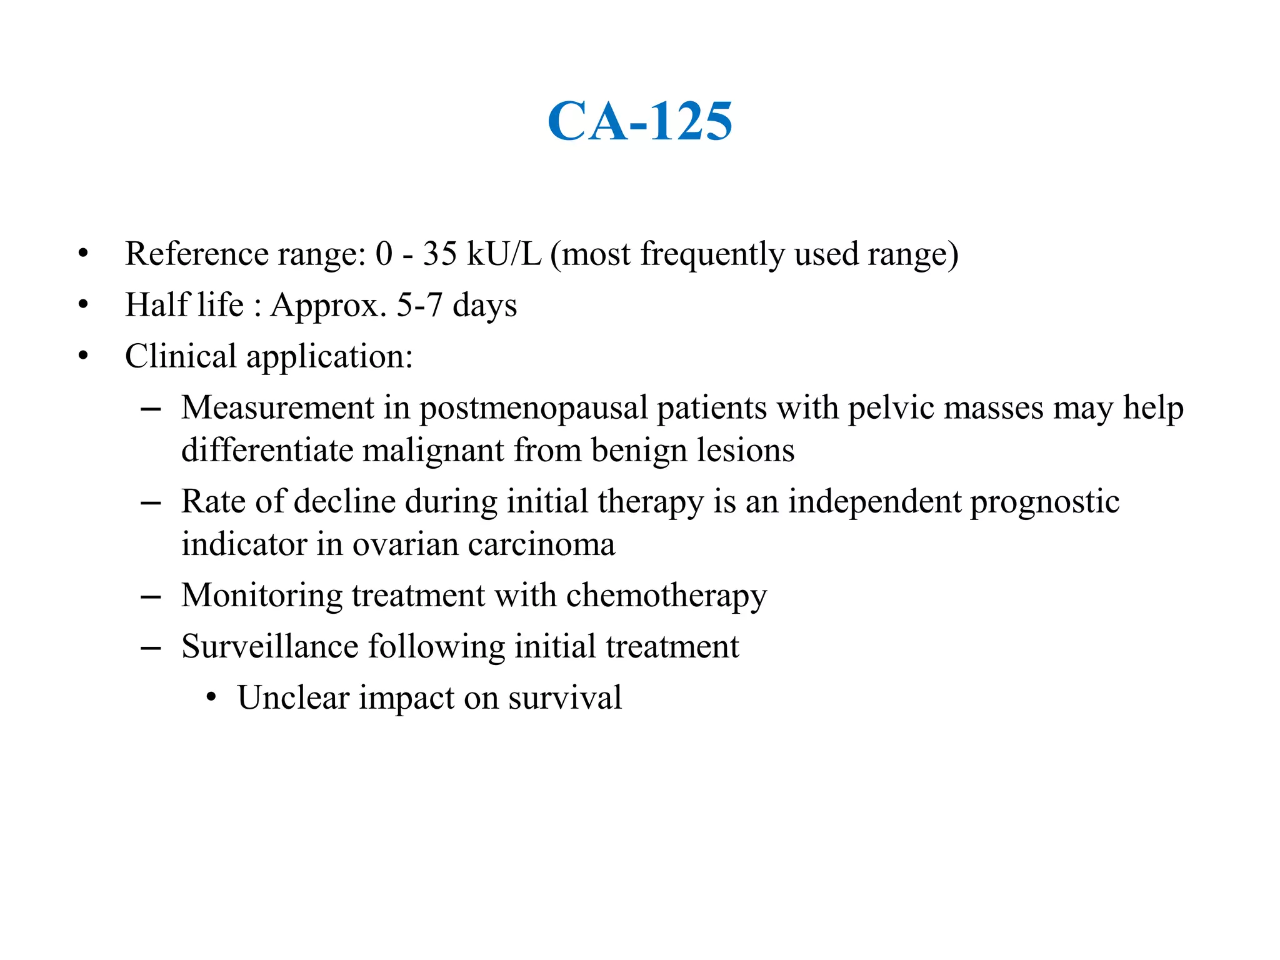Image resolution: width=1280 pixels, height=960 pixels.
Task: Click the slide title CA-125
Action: tap(639, 121)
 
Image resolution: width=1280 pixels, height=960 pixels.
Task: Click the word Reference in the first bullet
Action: tap(197, 254)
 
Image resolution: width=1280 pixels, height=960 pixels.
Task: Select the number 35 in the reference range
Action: tap(439, 254)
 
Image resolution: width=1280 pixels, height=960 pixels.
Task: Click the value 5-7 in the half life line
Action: tap(419, 306)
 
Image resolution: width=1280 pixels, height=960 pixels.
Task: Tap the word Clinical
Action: tap(181, 357)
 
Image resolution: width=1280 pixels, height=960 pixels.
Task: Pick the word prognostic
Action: tap(1044, 502)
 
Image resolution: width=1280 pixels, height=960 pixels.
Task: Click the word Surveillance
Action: tap(269, 646)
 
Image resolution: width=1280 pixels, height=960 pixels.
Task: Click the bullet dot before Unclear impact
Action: tap(211, 697)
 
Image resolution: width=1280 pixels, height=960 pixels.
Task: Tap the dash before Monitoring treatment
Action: tap(151, 597)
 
